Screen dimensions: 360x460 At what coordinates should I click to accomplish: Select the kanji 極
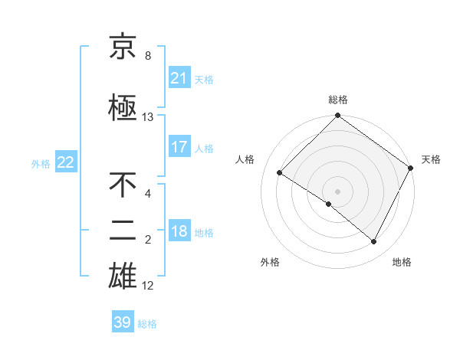tap(123, 108)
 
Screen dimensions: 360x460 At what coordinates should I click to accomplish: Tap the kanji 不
tap(123, 185)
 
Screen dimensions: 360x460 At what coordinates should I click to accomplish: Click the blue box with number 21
tap(179, 78)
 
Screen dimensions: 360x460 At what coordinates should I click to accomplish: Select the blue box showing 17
tap(179, 147)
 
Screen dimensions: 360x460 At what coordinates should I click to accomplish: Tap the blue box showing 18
tap(179, 232)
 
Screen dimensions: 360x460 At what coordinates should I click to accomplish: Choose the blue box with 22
tap(66, 162)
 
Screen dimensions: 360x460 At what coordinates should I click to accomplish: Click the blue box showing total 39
tap(123, 322)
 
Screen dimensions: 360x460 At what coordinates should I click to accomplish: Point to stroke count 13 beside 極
tap(148, 117)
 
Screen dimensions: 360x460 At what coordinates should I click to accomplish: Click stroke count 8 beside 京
tap(148, 56)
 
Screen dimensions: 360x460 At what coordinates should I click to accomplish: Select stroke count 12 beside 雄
tap(148, 286)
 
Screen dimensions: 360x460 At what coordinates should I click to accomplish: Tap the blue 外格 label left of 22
tap(41, 163)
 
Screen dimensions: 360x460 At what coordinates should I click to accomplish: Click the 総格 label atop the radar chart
tap(338, 100)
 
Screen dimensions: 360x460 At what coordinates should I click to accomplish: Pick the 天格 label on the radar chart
tap(431, 159)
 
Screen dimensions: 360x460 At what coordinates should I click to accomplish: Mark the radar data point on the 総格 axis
tap(338, 116)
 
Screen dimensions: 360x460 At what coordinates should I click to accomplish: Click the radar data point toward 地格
tap(374, 242)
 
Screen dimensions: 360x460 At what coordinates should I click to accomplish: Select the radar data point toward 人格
tap(281, 172)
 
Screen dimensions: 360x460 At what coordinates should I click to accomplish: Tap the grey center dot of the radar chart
tap(338, 191)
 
